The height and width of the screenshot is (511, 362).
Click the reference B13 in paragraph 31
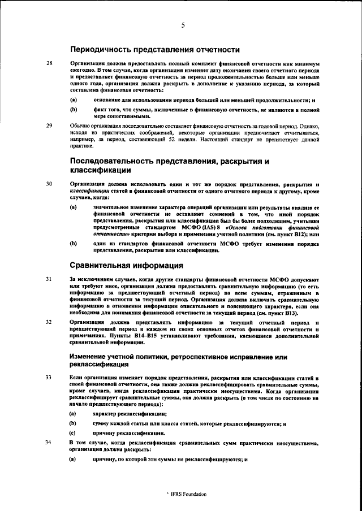(x=294, y=313)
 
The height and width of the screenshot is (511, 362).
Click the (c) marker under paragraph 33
(x=73, y=432)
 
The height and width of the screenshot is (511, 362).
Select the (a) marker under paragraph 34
(x=73, y=460)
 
